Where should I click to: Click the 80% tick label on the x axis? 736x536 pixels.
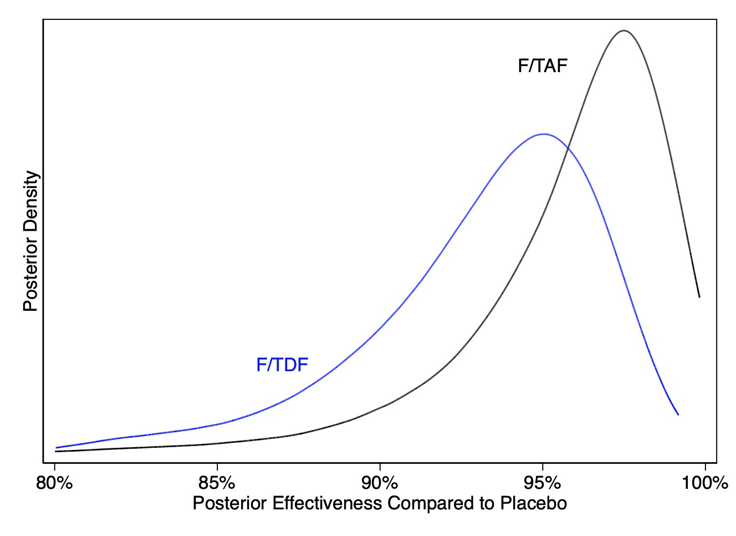point(54,483)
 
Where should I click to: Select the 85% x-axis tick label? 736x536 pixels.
point(217,483)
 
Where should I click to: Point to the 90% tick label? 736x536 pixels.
point(380,483)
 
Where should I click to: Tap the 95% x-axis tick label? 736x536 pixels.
point(543,483)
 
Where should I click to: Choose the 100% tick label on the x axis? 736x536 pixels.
point(705,483)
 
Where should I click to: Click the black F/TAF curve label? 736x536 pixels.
point(543,66)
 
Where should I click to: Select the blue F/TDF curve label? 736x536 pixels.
point(282,365)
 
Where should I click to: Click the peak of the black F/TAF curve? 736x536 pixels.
point(624,31)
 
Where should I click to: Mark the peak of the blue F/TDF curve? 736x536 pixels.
point(544,134)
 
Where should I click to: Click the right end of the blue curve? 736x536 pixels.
point(678,414)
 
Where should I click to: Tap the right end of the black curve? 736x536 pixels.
point(699,297)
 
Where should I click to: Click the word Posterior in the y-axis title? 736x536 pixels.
point(31,269)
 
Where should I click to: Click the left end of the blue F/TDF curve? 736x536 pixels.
point(56,447)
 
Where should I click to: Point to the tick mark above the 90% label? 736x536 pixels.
point(380,466)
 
